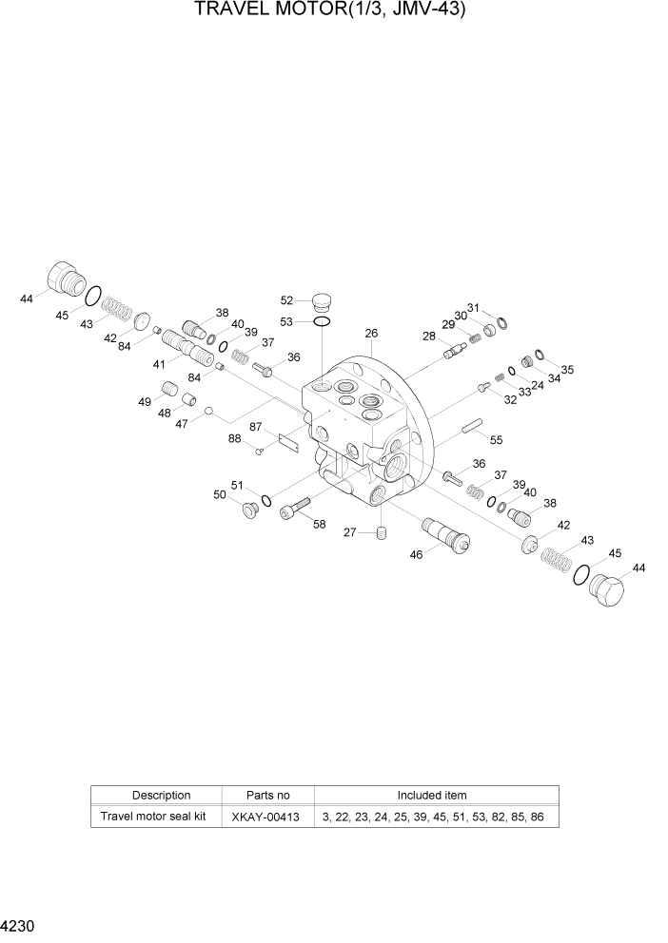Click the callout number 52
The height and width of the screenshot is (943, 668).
click(x=286, y=300)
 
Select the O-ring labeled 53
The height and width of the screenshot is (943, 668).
click(x=323, y=323)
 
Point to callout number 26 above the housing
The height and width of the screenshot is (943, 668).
click(x=371, y=334)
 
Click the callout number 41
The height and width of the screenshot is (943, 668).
click(x=159, y=363)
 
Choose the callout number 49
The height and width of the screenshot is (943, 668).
click(x=145, y=402)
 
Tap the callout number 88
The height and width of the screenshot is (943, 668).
click(x=235, y=438)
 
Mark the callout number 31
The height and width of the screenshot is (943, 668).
click(x=475, y=308)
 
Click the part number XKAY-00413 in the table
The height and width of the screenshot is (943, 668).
click(x=266, y=817)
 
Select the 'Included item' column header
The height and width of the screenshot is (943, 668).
click(x=432, y=795)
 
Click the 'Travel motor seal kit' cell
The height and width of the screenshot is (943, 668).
click(x=154, y=817)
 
